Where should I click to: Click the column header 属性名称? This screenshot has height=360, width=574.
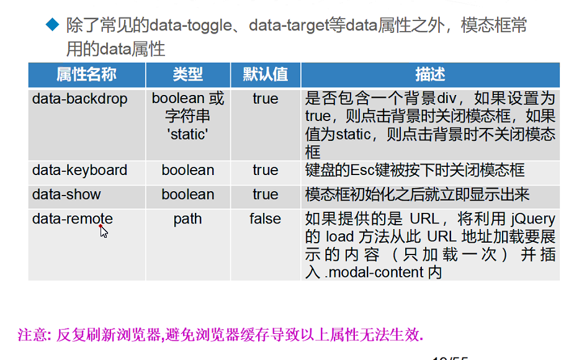coord(86,75)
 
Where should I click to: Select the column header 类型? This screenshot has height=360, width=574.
coord(187,75)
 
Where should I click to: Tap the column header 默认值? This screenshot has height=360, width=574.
coord(265,75)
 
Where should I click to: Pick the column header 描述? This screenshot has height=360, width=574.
coord(430,75)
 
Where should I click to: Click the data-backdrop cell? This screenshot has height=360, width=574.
coord(79,99)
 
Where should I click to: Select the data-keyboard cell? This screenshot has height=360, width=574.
coord(79,170)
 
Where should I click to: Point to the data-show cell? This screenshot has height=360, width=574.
coord(66,194)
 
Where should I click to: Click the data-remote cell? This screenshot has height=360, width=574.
coord(73,219)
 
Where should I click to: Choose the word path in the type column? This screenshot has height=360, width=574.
coord(187,219)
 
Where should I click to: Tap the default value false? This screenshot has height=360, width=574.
coord(265,219)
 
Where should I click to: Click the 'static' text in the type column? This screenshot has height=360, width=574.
coord(187,133)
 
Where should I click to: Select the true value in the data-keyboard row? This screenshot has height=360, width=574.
coord(265,170)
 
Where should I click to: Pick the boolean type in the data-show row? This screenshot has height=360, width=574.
coord(187,194)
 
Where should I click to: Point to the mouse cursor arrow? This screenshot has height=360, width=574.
coord(104,232)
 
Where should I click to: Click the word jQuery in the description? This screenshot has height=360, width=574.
coord(533,219)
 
